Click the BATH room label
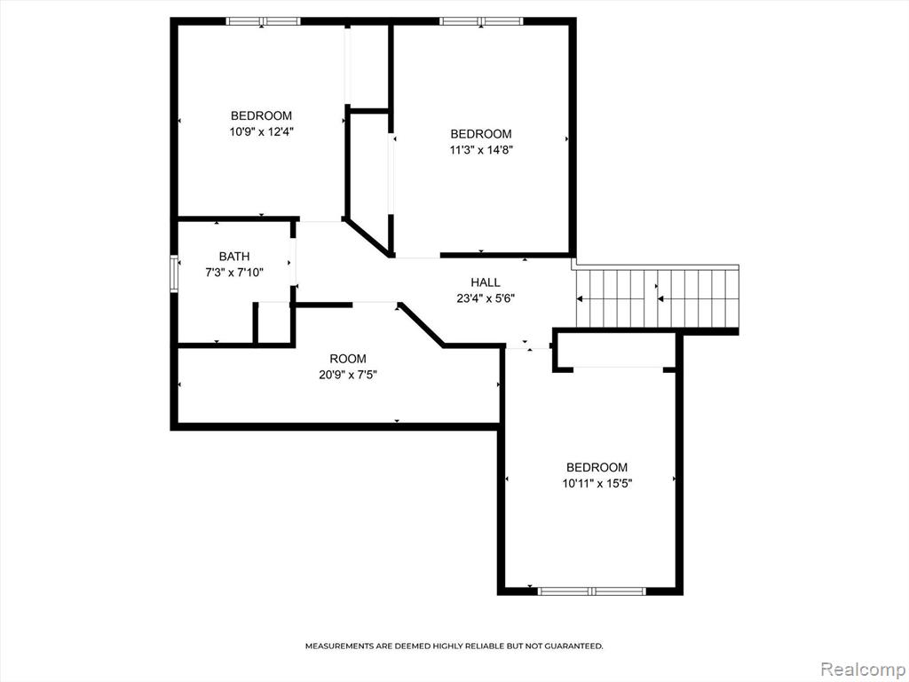coord(234,257)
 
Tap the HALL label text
coord(486,282)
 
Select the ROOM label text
coord(348,359)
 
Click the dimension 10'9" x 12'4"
coord(262,131)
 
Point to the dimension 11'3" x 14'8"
coord(481,150)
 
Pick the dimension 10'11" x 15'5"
coord(597,484)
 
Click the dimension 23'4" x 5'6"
coord(486,298)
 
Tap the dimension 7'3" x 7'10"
coord(234,273)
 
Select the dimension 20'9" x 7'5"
coord(348,375)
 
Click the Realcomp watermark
coord(862,669)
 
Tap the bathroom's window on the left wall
coord(173,274)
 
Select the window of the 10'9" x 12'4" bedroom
coord(263,21)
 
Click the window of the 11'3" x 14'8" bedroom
coord(481,21)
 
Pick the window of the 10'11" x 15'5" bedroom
coord(591,591)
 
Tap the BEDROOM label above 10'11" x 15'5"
coord(597,467)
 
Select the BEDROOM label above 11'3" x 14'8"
coord(481,134)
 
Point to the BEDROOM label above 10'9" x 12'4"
coord(262,115)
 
